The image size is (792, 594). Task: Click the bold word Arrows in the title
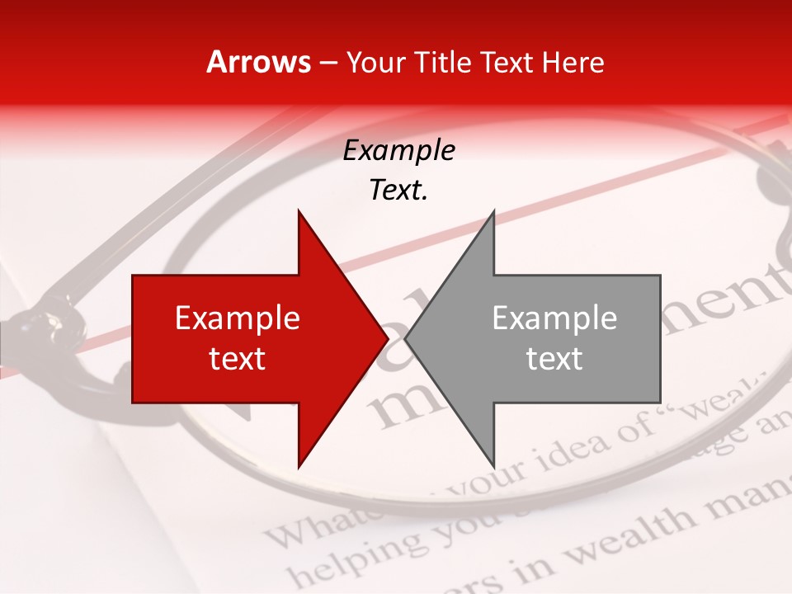tap(259, 62)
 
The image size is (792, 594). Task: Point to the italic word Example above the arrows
tap(398, 151)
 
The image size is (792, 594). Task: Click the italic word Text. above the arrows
tap(398, 190)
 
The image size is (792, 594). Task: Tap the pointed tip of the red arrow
tap(388, 338)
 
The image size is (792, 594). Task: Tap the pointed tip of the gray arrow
tap(405, 338)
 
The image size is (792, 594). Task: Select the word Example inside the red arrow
tap(238, 318)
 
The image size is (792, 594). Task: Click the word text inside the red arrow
tap(238, 359)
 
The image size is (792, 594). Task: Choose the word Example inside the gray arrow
tap(554, 318)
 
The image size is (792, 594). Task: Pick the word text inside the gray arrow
tap(554, 359)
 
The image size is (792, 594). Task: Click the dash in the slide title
tap(328, 63)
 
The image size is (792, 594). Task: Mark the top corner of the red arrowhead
tap(299, 211)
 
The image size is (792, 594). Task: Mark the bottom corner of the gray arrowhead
tap(493, 466)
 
